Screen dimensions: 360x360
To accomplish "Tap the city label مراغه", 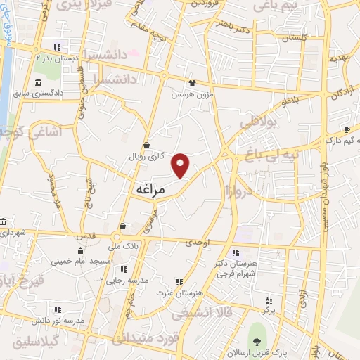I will (148, 190).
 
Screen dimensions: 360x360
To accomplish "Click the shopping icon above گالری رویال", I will (146, 146).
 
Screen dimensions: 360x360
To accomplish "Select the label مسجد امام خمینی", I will (80, 261).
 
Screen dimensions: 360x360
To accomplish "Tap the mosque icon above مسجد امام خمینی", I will (80, 250).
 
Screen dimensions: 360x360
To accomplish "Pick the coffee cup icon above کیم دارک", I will (347, 129).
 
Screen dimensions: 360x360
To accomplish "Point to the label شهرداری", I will (12, 231).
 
